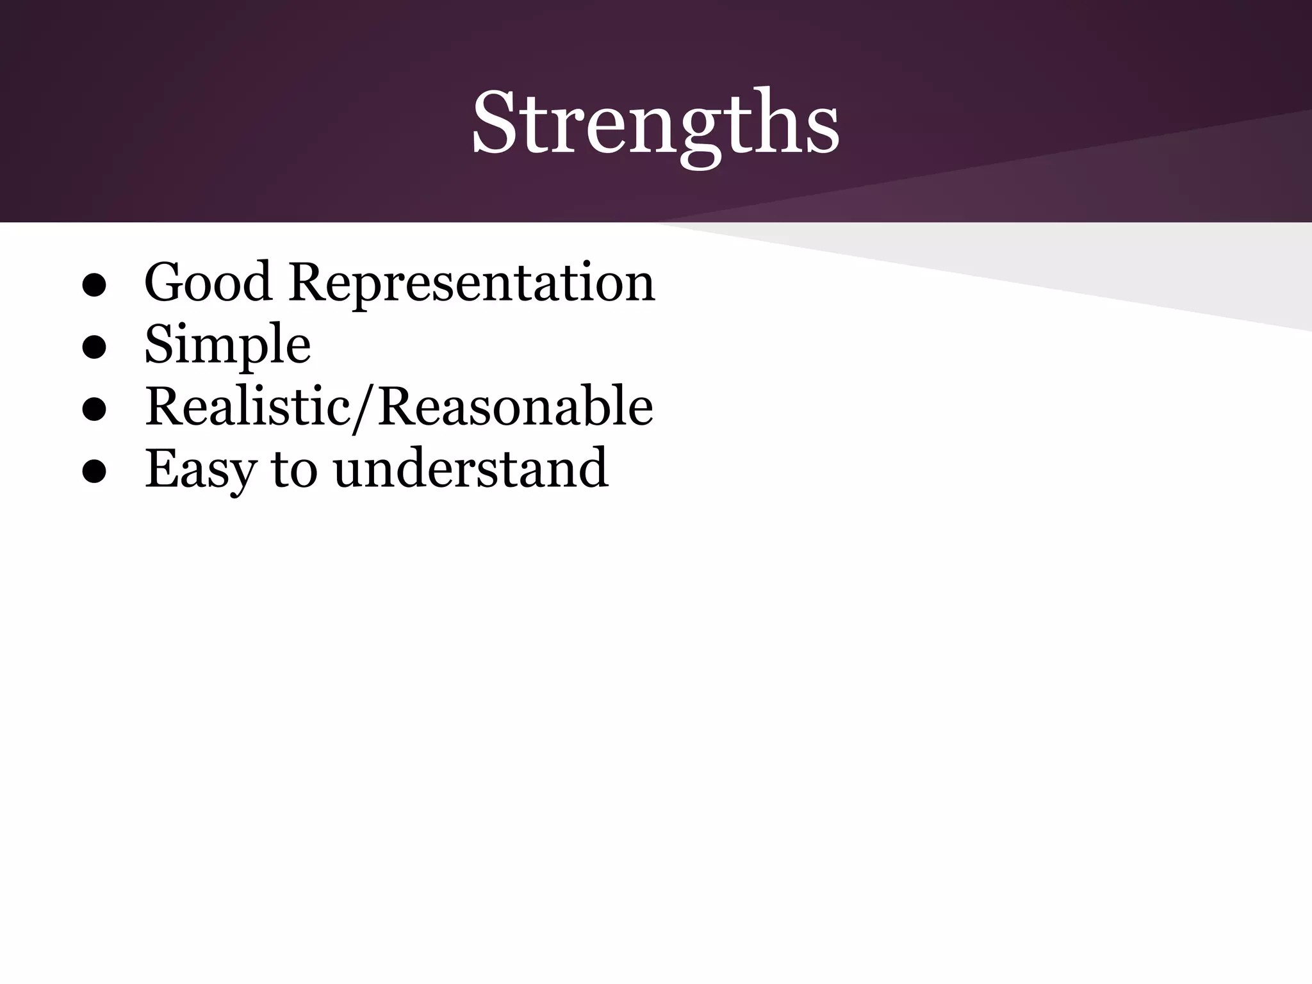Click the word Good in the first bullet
click(208, 283)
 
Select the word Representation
click(471, 284)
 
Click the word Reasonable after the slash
click(516, 407)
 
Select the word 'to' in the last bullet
click(294, 470)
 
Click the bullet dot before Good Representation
click(94, 287)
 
